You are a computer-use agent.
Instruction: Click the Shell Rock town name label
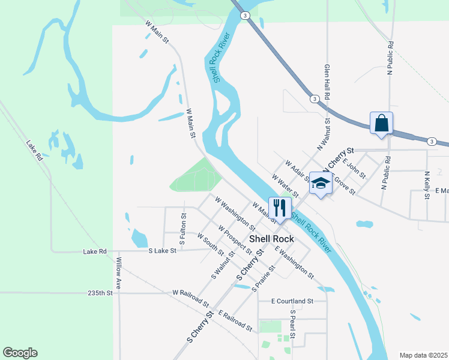point(272,239)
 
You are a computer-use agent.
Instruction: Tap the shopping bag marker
point(381,123)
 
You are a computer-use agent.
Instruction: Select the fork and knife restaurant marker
point(279,208)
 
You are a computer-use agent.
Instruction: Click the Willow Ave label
point(119,273)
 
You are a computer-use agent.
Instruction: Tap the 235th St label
point(100,293)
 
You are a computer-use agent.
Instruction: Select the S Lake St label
point(163,250)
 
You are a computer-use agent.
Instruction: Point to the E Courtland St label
point(292,301)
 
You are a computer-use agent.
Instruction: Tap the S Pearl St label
point(293,324)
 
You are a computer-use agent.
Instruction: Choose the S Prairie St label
point(264,279)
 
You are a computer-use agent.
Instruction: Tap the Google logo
point(20,353)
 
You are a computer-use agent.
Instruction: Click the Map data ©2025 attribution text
point(423,355)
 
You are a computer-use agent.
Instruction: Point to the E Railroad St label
point(235,321)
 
